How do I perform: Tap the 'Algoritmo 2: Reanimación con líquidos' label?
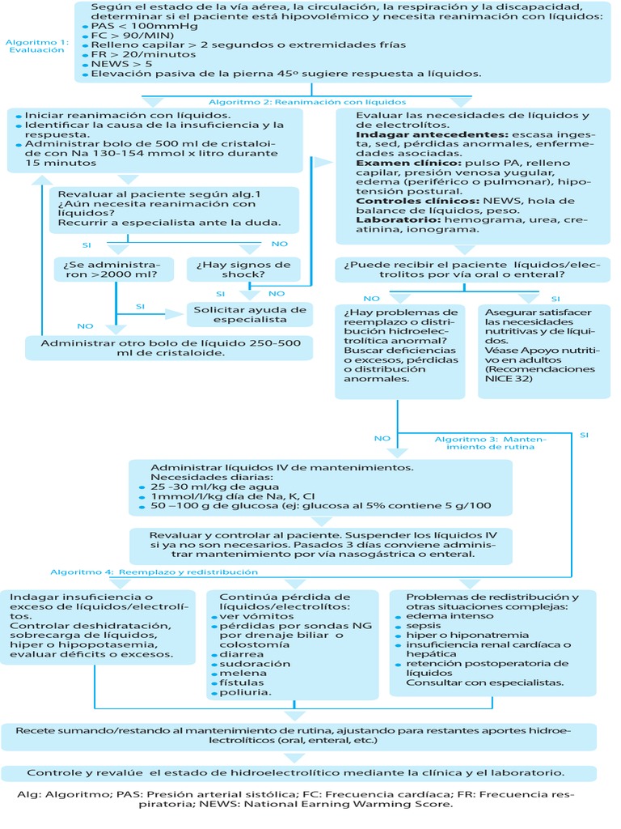coord(307,103)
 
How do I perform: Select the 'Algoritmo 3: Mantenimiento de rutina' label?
coord(490,443)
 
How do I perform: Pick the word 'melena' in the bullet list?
coord(239,673)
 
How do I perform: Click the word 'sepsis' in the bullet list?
coord(423,626)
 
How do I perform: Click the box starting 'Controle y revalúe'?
coord(298,772)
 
